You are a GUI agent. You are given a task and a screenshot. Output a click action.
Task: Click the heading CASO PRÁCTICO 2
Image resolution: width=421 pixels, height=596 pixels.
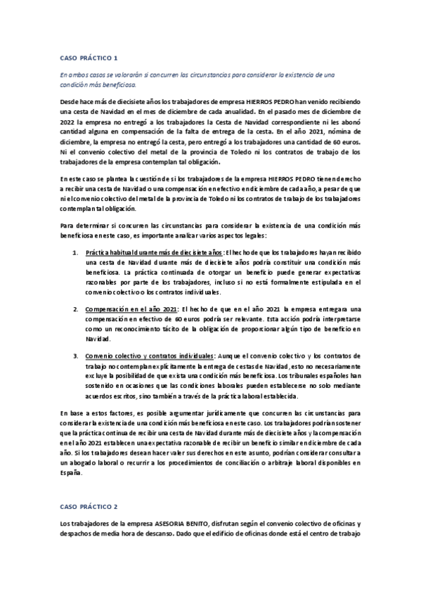click(89, 505)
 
